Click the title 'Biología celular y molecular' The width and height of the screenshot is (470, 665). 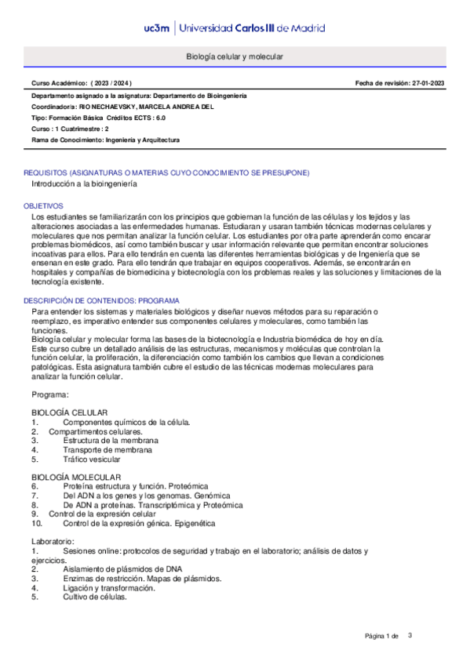(x=235, y=58)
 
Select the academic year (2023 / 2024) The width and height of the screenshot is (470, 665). (x=110, y=83)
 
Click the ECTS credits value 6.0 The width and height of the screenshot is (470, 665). (x=159, y=117)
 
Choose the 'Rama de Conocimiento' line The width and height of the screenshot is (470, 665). (x=105, y=140)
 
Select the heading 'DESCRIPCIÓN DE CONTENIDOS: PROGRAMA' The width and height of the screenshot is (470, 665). (x=101, y=300)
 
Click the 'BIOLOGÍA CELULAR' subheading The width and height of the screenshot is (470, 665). (x=69, y=412)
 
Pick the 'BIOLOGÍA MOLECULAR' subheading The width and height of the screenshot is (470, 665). (x=75, y=477)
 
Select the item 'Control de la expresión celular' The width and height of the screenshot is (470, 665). (x=102, y=514)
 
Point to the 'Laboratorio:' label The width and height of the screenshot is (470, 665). (x=53, y=542)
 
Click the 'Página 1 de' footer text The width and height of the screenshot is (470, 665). (x=382, y=635)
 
